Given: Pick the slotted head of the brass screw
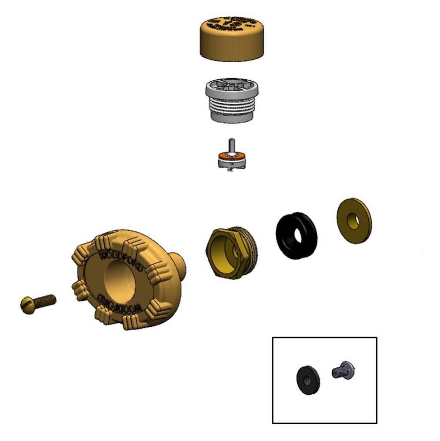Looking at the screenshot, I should [27, 304].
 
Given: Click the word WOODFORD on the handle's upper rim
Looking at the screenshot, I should [120, 260].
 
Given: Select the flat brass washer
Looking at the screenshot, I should [354, 221].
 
